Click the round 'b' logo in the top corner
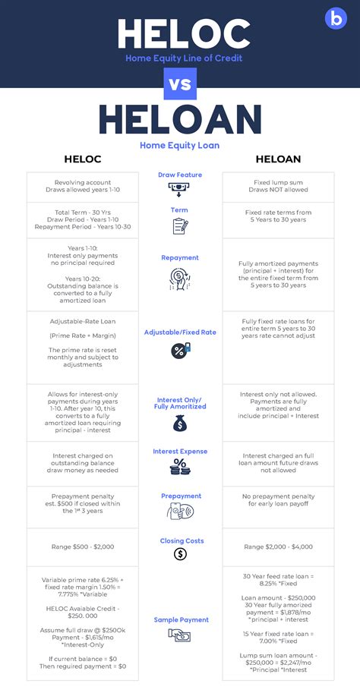[334, 19]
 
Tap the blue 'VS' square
[180, 83]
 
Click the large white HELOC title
[183, 33]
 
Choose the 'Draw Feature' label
[180, 175]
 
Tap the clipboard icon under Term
[180, 225]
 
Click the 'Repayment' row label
[180, 258]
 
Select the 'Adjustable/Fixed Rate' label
[180, 332]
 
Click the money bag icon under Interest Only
[180, 424]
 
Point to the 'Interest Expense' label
[180, 452]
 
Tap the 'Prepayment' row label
[180, 496]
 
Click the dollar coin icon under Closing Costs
[180, 554]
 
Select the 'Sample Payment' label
[180, 620]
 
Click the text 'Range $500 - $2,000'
[82, 547]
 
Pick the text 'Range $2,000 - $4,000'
[277, 547]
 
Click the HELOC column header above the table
[81, 159]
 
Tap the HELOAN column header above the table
[278, 159]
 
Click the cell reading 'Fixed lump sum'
[278, 183]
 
